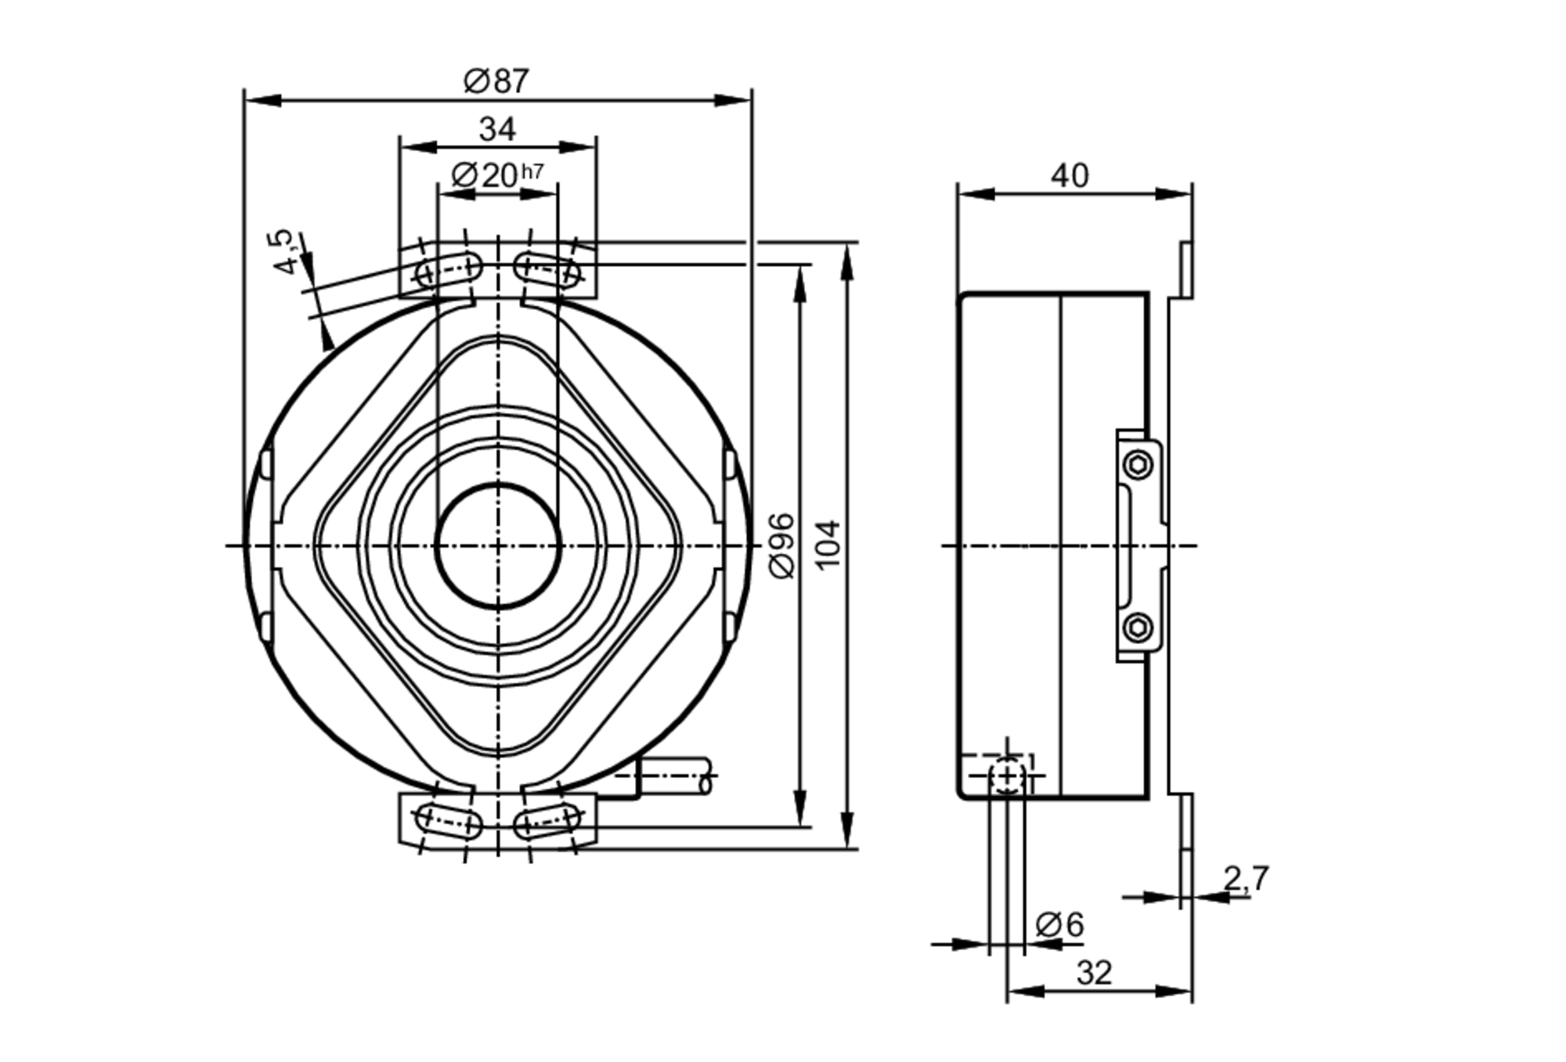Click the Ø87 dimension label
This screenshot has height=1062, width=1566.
tap(496, 81)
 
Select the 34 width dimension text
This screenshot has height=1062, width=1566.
tap(497, 129)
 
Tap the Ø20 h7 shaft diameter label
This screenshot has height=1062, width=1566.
tap(496, 175)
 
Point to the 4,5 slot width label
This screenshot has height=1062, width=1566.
tap(285, 251)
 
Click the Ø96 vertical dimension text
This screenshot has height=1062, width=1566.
tap(782, 545)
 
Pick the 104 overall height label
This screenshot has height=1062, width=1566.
tap(828, 544)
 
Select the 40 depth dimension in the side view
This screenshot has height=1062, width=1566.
tap(1070, 175)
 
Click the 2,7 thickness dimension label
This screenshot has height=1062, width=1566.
tap(1245, 878)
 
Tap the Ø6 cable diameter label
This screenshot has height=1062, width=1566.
tap(1059, 924)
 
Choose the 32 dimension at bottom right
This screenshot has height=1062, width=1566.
tap(1094, 973)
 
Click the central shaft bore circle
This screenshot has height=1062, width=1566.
tap(498, 545)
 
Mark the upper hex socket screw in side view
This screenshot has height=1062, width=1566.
tap(1138, 466)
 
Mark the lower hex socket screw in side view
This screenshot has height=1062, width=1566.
tap(1138, 627)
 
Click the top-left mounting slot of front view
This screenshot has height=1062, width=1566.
tap(449, 269)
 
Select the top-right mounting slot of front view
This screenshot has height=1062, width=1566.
tap(547, 269)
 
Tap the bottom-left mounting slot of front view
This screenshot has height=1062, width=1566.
tap(449, 821)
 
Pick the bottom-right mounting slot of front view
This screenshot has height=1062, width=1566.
tap(547, 821)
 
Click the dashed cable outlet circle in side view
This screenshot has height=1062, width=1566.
tap(1008, 776)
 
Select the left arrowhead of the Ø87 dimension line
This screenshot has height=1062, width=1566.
tap(262, 100)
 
